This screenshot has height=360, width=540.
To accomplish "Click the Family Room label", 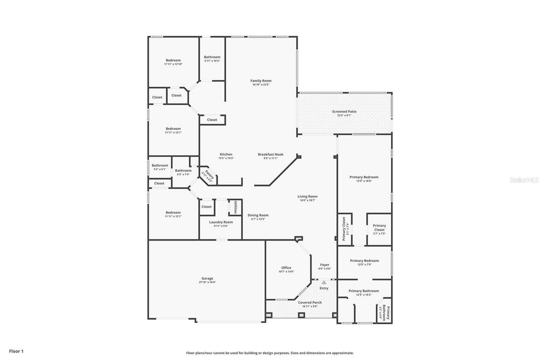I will click(261, 81).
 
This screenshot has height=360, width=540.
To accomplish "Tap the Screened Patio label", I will click(344, 111).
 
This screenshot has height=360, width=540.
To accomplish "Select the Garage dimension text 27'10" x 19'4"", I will click(207, 282).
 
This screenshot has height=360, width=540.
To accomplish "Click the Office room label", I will click(286, 268).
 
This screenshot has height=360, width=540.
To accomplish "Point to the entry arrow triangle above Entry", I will click(324, 282).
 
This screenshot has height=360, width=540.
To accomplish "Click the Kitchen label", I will click(226, 154).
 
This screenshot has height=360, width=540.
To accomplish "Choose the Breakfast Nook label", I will click(270, 154).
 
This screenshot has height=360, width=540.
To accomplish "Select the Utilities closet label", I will click(235, 207).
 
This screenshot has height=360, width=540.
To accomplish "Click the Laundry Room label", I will click(221, 222).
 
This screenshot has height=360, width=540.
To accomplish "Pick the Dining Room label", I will click(258, 215).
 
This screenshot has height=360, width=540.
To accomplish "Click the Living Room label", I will click(307, 196).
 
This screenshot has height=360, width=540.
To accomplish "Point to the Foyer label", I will click(324, 265).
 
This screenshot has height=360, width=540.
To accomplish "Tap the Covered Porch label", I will click(310, 302).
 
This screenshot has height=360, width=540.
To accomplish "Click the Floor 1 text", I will click(16, 351).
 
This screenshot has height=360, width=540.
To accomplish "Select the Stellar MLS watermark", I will click(524, 180).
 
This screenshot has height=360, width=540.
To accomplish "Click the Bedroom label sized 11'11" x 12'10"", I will click(173, 60).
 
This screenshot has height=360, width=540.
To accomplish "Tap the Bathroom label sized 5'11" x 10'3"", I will click(212, 57).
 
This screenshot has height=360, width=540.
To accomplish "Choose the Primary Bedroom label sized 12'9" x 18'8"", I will click(364, 177).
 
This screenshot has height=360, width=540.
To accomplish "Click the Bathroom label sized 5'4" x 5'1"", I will click(160, 165).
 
